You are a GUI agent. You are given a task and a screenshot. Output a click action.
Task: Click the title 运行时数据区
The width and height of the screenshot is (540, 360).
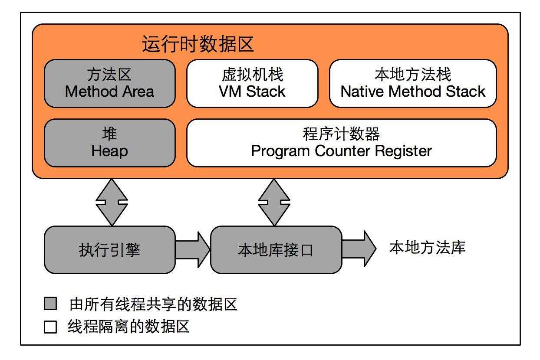(198, 44)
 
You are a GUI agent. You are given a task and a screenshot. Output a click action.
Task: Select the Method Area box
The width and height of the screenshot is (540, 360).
(109, 83)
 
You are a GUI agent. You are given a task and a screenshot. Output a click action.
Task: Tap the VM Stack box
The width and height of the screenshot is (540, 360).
(252, 83)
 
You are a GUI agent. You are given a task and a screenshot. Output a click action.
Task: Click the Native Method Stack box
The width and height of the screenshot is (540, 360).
(413, 83)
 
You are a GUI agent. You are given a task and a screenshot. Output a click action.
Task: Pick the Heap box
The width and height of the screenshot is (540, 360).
(109, 143)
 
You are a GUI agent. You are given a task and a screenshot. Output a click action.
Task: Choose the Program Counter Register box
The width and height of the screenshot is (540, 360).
(341, 143)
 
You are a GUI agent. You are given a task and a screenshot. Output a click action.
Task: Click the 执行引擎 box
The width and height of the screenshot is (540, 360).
(109, 250)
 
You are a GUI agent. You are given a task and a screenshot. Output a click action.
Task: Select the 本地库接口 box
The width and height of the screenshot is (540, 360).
(276, 250)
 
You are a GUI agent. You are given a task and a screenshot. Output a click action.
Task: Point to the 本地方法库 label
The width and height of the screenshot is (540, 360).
(427, 248)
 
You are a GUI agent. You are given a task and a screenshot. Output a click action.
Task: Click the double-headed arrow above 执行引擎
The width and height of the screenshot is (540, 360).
(112, 202)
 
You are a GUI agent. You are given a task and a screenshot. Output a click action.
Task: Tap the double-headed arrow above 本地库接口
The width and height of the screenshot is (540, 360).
(274, 202)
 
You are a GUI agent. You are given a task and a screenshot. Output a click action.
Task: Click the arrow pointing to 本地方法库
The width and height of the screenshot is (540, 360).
(359, 249)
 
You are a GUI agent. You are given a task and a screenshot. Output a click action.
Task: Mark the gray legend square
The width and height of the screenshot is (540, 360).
(50, 304)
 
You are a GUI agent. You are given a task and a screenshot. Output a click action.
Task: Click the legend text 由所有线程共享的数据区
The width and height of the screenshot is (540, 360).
(153, 304)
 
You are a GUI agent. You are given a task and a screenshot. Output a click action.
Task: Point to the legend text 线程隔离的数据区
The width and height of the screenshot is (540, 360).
(129, 327)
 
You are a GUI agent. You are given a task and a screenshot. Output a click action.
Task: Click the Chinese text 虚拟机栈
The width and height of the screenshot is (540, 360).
(252, 75)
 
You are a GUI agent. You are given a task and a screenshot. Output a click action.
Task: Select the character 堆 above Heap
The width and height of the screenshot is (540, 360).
(109, 134)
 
